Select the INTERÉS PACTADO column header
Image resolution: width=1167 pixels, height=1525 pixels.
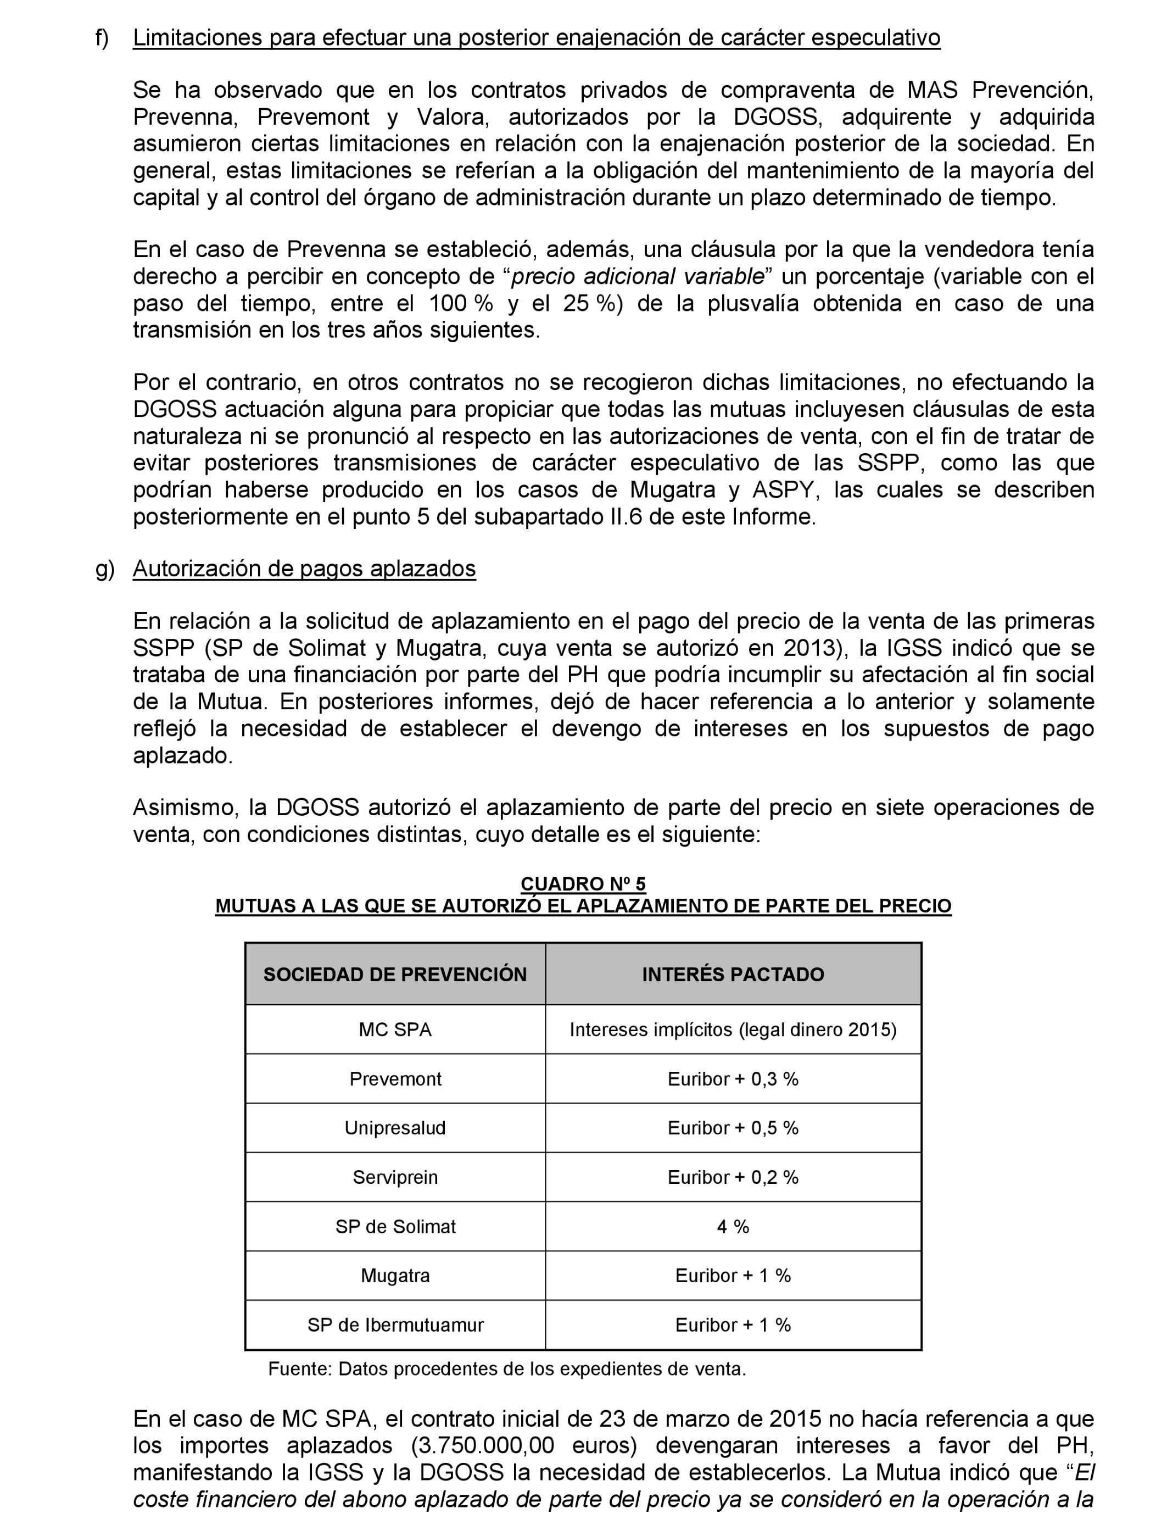pyautogui.click(x=733, y=974)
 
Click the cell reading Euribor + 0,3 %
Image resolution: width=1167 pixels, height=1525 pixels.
pyautogui.click(x=733, y=1079)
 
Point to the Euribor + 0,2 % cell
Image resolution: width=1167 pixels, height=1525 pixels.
pyautogui.click(x=733, y=1177)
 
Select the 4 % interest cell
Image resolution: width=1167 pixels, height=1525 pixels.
pyautogui.click(x=733, y=1226)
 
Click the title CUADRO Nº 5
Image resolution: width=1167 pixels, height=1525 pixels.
pyautogui.click(x=583, y=884)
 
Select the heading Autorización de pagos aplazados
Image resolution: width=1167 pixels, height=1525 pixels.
pyautogui.click(x=304, y=569)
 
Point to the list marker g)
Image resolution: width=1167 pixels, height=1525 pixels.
pyautogui.click(x=104, y=569)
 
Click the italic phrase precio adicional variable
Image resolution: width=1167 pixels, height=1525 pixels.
pyautogui.click(x=638, y=276)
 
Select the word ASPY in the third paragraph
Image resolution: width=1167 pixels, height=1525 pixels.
pyautogui.click(x=782, y=490)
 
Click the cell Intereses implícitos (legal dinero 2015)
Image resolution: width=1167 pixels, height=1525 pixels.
pyautogui.click(x=733, y=1029)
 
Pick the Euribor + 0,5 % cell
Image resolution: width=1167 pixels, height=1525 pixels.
pyautogui.click(x=733, y=1128)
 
